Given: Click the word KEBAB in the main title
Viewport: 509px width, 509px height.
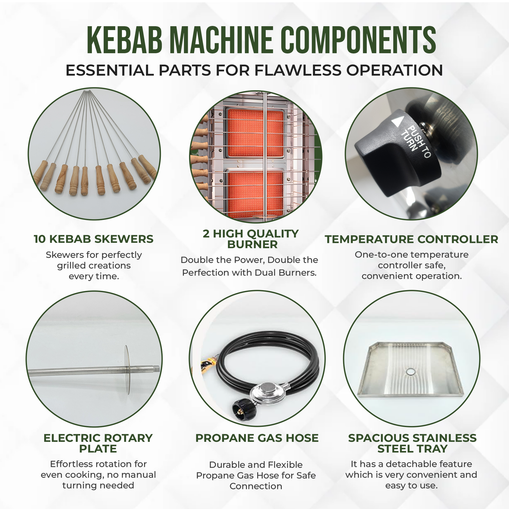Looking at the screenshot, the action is pos(124,40).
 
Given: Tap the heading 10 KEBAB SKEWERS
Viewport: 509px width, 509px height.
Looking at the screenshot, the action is pos(94,239).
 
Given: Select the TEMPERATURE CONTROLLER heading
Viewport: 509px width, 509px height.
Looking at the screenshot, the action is pos(411,239).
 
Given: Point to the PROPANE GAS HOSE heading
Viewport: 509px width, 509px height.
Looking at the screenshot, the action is pos(257,438).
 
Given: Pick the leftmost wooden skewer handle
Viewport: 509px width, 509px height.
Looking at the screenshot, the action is pos(41,173).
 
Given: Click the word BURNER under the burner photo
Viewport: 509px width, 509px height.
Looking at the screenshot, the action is pos(252,245).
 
